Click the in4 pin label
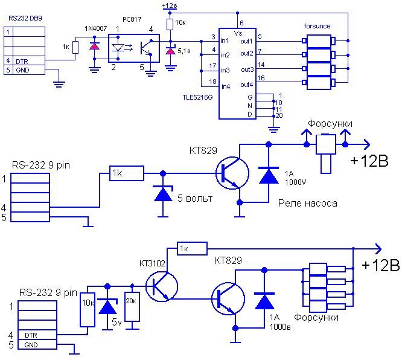point(226,86)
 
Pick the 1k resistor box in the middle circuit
point(127,173)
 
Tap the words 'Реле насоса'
point(307,204)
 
